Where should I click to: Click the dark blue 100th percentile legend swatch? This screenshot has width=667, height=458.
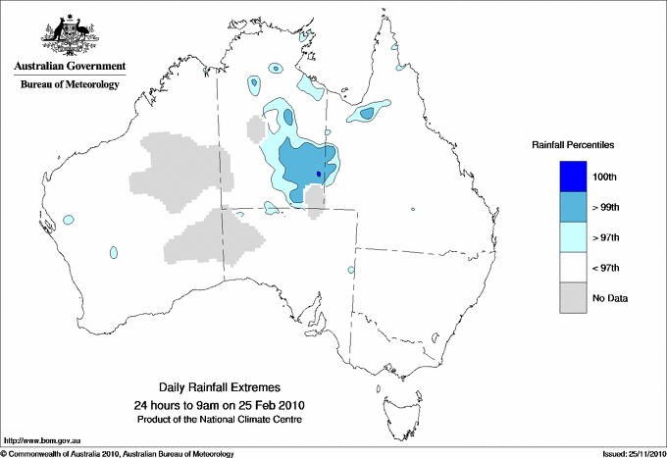[x=573, y=177]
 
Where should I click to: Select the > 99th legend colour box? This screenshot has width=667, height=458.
[x=573, y=207]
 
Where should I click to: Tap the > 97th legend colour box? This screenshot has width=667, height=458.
[x=573, y=237]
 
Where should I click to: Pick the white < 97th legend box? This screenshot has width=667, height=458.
[x=573, y=268]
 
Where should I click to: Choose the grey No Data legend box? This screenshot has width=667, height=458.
[x=573, y=298]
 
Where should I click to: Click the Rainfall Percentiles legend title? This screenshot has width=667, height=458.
[x=573, y=144]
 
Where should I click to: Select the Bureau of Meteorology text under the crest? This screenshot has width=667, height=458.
[x=70, y=85]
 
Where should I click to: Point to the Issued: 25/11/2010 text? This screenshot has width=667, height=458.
[x=633, y=453]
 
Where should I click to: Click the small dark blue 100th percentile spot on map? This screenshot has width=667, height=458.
[x=319, y=175]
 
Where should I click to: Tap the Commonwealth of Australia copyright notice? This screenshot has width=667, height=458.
[x=118, y=453]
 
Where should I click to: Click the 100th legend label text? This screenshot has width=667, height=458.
[x=606, y=177]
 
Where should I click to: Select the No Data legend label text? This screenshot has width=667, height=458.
[x=611, y=298]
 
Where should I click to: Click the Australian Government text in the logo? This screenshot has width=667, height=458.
[x=70, y=67]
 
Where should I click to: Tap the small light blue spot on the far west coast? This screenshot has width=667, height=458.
[x=68, y=218]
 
